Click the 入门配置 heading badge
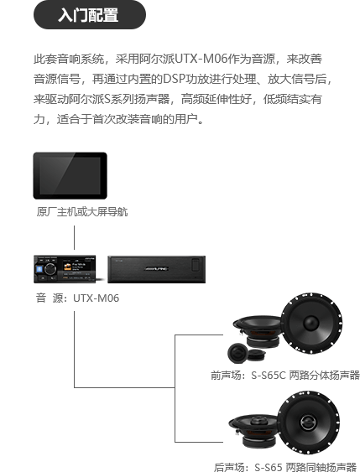coord(90,15)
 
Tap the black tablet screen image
coord(70,175)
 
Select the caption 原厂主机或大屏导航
coord(82,211)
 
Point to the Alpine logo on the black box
coord(157,268)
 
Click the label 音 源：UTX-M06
coord(77,298)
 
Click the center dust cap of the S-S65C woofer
coord(311,323)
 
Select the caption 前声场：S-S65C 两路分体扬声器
coord(285,375)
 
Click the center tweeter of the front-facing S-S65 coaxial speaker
coord(308,421)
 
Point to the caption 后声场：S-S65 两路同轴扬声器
coord(285,467)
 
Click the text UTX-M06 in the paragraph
coord(201,59)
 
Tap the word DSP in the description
coord(174,79)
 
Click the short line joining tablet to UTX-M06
coord(74,237)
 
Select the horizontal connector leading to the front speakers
coord(199,335)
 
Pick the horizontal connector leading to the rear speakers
coord(199,442)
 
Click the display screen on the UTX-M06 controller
coord(77,268)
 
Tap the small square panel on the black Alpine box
coord(196,265)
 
